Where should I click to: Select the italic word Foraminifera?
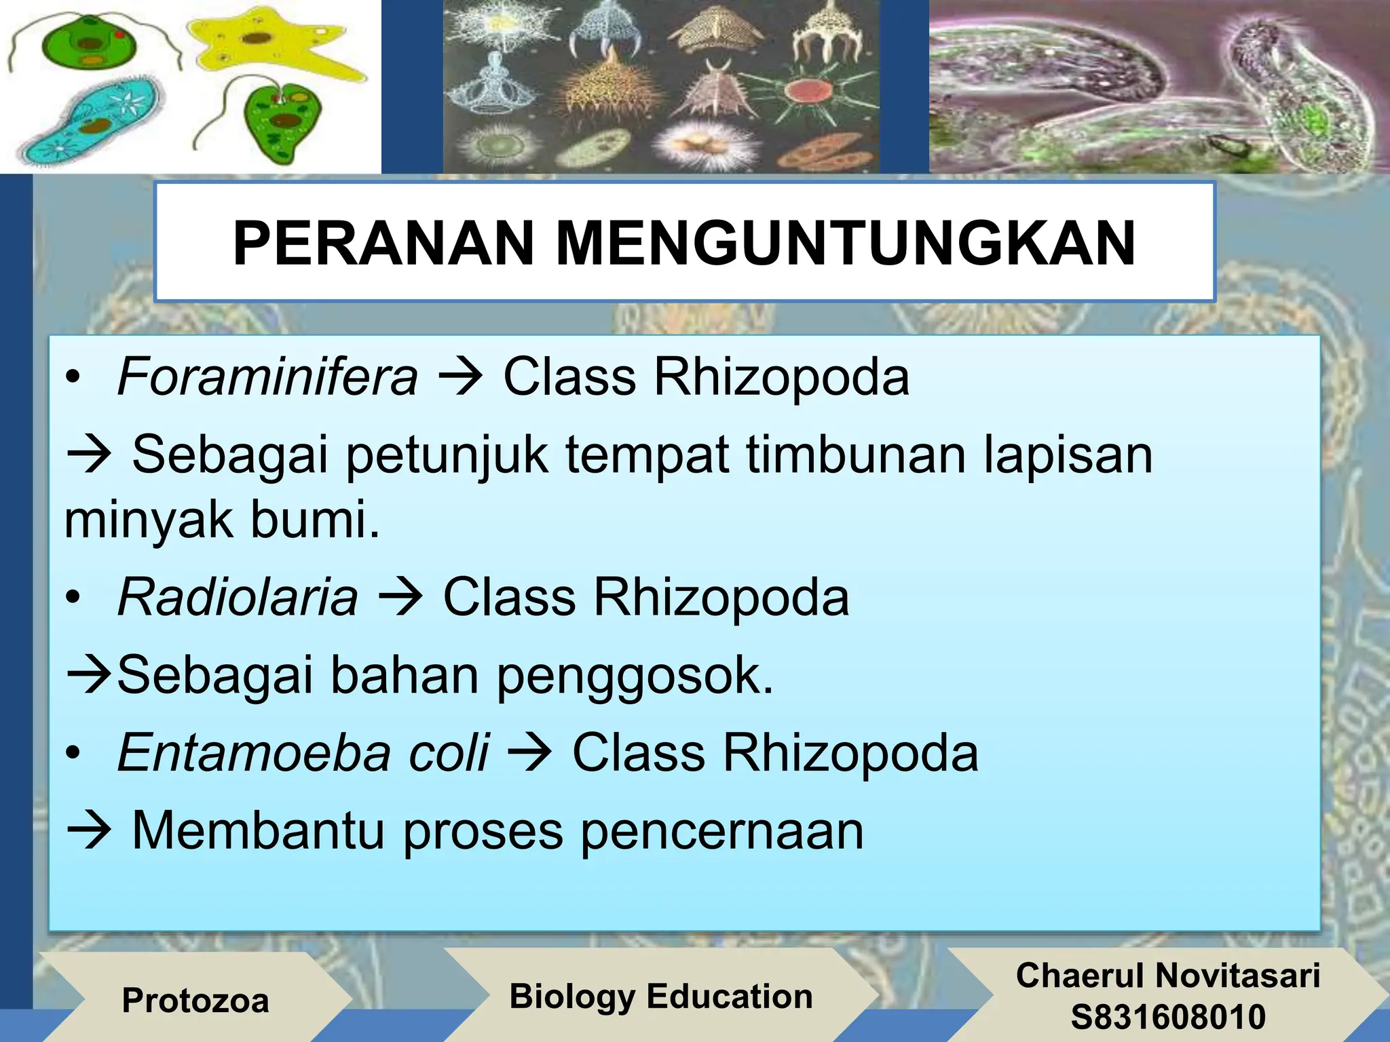(267, 377)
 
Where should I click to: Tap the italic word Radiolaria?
(238, 598)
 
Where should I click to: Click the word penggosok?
(635, 677)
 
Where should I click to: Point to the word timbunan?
(856, 455)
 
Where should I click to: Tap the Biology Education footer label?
(661, 997)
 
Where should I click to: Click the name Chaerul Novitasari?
(1168, 976)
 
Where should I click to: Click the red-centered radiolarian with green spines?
(805, 91)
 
